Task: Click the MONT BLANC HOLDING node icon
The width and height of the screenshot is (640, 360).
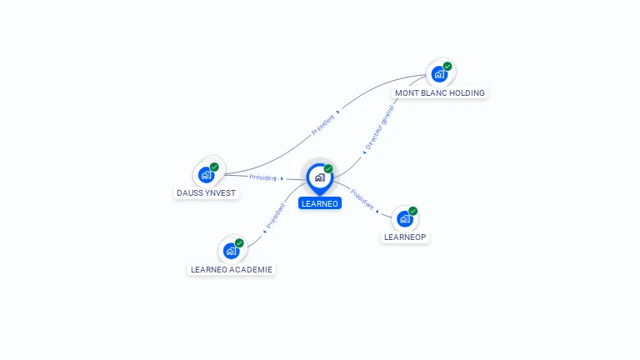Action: pyautogui.click(x=439, y=74)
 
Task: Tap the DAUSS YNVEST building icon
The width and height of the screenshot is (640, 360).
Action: pyautogui.click(x=206, y=175)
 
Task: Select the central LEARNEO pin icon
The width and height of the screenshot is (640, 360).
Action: pyautogui.click(x=319, y=177)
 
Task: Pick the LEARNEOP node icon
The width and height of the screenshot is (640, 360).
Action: pyautogui.click(x=404, y=219)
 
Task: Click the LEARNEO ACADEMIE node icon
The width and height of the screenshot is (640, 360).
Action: pyautogui.click(x=231, y=251)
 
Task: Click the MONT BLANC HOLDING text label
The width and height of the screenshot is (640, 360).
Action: pyautogui.click(x=439, y=92)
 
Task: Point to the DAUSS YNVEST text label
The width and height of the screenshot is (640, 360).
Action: pyautogui.click(x=207, y=192)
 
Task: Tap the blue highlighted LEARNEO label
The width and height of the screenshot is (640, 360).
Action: pyautogui.click(x=320, y=203)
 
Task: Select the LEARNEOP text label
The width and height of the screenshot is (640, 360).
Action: pyautogui.click(x=405, y=237)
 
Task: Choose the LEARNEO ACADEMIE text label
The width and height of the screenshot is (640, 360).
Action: pyautogui.click(x=232, y=269)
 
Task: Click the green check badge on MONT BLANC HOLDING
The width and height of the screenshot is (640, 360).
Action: pyautogui.click(x=447, y=67)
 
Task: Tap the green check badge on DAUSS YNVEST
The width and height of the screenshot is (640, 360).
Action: pyautogui.click(x=214, y=167)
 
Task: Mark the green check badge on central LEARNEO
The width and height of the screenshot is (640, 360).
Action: pyautogui.click(x=328, y=169)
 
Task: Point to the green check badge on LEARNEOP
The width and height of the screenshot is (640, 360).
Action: pyautogui.click(x=412, y=212)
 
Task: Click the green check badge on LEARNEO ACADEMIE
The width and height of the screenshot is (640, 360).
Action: pyautogui.click(x=239, y=243)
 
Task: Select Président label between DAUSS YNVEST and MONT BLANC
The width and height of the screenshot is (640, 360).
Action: pyautogui.click(x=323, y=124)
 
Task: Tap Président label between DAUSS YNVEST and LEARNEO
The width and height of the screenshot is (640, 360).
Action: pyautogui.click(x=263, y=177)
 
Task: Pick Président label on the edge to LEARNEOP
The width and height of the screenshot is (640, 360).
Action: pyautogui.click(x=362, y=199)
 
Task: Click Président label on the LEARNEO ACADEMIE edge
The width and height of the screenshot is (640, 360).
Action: pyautogui.click(x=276, y=215)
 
